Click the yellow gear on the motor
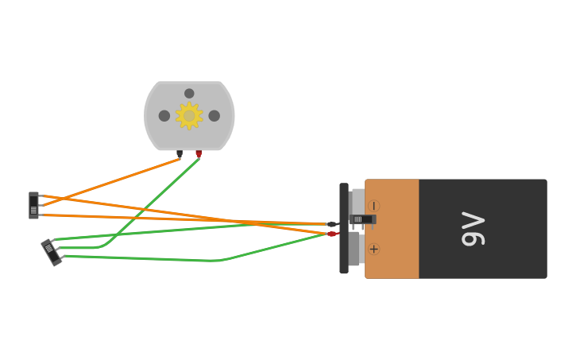189,115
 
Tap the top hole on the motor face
189,93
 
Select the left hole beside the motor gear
164,116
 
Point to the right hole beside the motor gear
215,116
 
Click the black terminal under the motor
180,154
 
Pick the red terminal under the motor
199,154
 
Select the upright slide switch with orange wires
33,205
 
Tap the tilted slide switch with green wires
52,252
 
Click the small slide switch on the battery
361,219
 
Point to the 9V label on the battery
474,229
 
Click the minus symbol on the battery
373,206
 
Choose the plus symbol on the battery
373,249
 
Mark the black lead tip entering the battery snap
333,224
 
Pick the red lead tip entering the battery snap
333,234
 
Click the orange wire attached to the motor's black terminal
111,182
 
